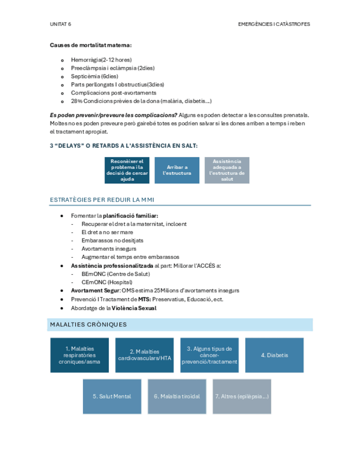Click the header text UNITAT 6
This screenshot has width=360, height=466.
click(x=60, y=24)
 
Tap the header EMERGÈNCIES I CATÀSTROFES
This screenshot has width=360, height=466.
click(x=274, y=24)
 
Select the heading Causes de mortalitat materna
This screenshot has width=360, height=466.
click(x=91, y=45)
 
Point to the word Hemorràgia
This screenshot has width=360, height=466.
click(x=86, y=59)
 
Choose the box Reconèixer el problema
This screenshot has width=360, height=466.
click(x=127, y=170)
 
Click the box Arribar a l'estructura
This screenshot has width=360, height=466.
click(x=177, y=170)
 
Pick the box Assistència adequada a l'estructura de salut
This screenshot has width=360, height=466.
click(x=227, y=170)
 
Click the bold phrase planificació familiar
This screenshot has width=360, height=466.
click(x=134, y=216)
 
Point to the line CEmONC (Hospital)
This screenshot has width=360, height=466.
click(x=107, y=282)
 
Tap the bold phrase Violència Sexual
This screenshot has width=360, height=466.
click(x=134, y=308)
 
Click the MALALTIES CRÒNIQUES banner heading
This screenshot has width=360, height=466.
click(x=88, y=324)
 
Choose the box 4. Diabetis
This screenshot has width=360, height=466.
click(x=274, y=355)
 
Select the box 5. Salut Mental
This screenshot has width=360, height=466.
click(x=112, y=396)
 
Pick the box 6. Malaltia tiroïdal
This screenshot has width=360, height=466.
click(x=177, y=396)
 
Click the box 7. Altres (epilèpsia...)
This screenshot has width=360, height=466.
click(x=242, y=396)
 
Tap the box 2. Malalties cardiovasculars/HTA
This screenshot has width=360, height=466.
click(x=145, y=355)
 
